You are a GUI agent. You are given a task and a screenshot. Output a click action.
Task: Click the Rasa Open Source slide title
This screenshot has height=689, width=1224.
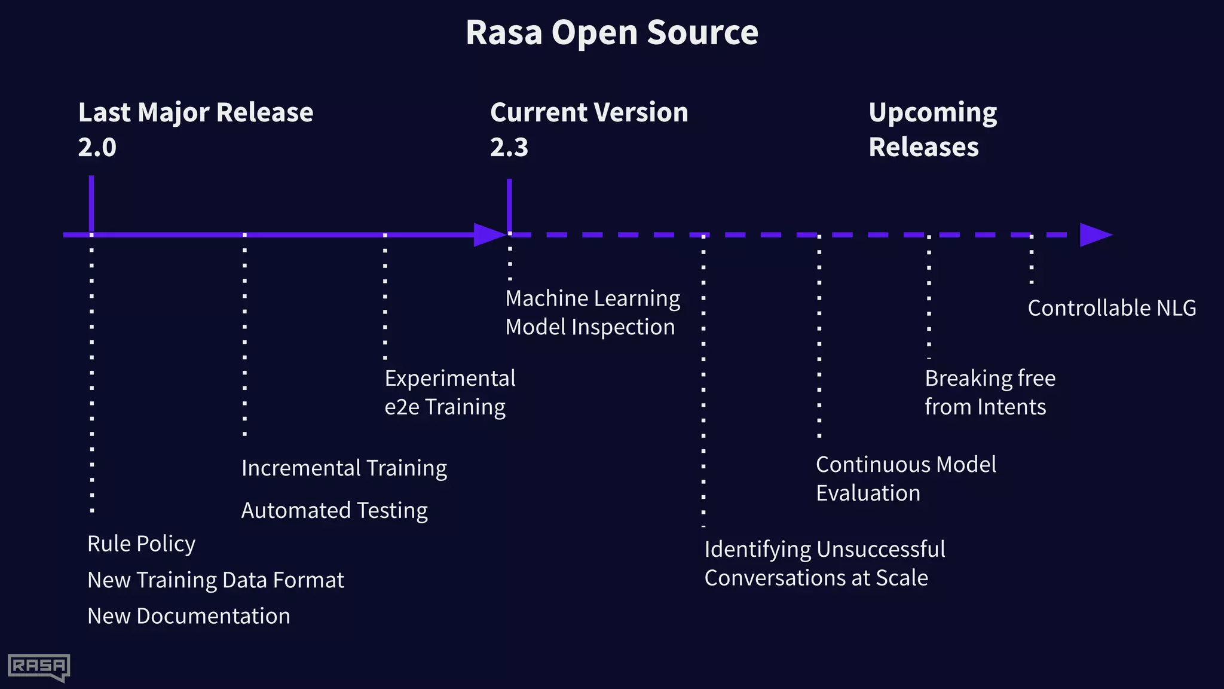point(611,32)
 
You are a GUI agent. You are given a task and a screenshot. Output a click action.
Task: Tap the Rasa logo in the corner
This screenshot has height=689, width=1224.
point(39,667)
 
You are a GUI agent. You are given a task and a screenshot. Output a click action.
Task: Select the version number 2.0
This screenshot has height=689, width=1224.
point(97,147)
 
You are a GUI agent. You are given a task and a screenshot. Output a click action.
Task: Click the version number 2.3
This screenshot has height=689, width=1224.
point(509,147)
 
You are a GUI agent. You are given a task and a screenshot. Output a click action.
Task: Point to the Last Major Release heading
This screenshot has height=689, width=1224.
point(195,112)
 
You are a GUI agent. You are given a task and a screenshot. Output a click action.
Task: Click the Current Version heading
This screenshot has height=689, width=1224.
point(589,112)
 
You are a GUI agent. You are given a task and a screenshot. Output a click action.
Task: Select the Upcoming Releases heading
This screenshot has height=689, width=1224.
point(932,129)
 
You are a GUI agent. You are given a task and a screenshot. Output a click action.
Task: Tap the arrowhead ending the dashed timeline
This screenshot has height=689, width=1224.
point(1095,234)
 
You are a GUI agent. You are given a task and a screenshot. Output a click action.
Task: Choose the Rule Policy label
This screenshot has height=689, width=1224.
point(141,544)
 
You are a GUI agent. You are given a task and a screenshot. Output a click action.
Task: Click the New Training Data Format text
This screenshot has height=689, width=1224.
point(215,580)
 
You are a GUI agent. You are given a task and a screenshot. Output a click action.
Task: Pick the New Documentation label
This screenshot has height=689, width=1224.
point(188,616)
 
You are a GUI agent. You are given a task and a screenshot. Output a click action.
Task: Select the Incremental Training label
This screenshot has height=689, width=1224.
point(344,468)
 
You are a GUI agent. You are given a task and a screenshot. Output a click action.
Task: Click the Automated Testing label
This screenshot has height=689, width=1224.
point(334,510)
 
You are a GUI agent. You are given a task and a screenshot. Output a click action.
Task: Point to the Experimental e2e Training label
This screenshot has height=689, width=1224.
point(449,392)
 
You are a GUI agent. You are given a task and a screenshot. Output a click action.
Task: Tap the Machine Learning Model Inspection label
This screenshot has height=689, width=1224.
point(592,312)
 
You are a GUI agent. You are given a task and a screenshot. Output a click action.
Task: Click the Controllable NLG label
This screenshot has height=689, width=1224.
point(1112,308)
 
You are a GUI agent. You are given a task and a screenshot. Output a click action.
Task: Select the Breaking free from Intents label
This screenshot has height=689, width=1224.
point(989,392)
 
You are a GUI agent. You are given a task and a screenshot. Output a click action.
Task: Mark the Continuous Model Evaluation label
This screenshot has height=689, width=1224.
point(905,478)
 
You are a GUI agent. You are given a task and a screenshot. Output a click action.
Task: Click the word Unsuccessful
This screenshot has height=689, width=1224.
point(882,549)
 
